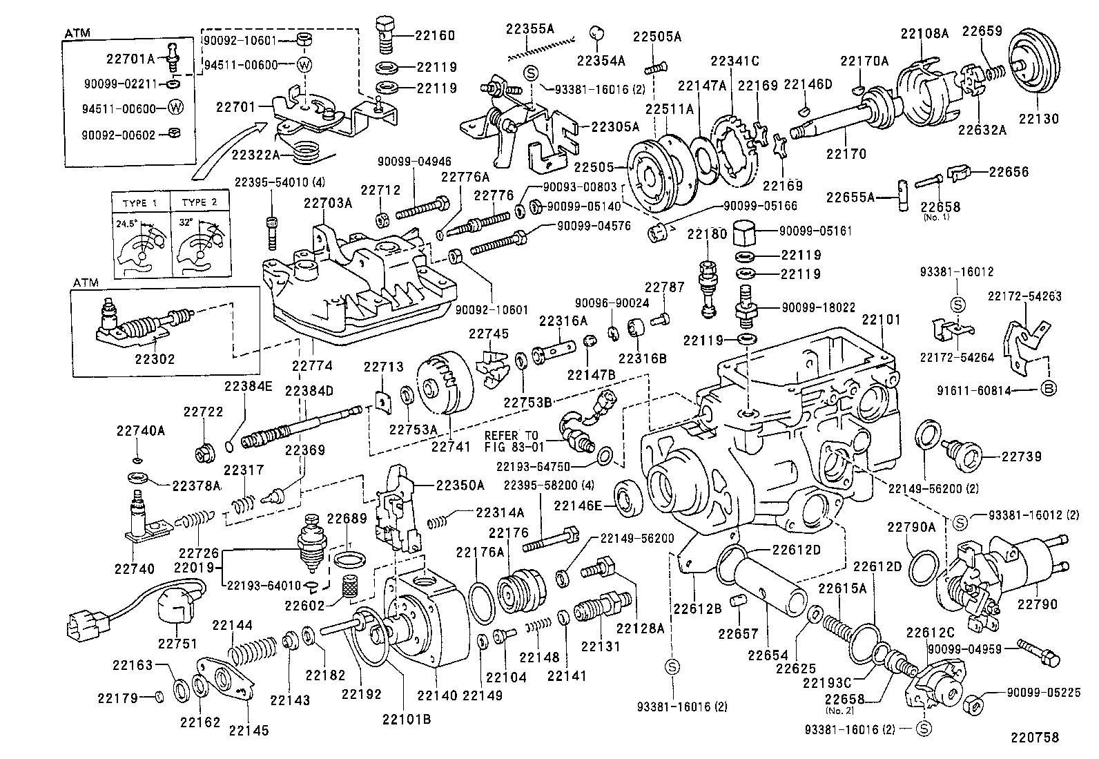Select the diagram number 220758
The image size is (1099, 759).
pos(1034,737)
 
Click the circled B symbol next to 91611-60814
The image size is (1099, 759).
pos(1048,390)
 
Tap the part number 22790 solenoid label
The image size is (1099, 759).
pos(1038,604)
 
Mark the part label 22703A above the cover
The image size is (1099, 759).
pos(328,203)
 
